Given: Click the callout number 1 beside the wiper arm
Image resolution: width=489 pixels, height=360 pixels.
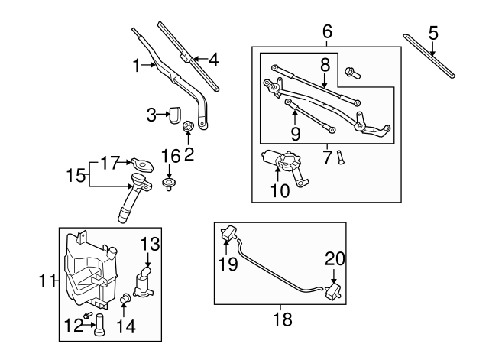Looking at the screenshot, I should click(x=138, y=66).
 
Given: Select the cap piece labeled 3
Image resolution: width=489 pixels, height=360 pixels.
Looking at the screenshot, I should click(x=173, y=115).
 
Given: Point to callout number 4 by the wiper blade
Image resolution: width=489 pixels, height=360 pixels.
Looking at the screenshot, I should click(x=213, y=58).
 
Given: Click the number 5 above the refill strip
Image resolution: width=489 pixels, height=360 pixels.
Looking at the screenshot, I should click(x=433, y=33).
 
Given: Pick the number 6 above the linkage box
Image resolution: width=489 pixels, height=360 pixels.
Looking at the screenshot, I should click(x=327, y=31).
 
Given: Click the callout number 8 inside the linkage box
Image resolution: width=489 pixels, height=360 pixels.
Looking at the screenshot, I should click(x=324, y=65).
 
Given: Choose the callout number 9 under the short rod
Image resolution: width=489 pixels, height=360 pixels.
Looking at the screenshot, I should click(x=295, y=135).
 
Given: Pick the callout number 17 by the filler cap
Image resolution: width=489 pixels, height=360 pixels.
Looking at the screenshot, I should click(x=110, y=163).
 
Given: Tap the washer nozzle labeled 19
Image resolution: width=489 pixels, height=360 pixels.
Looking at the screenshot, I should click(x=228, y=233).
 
